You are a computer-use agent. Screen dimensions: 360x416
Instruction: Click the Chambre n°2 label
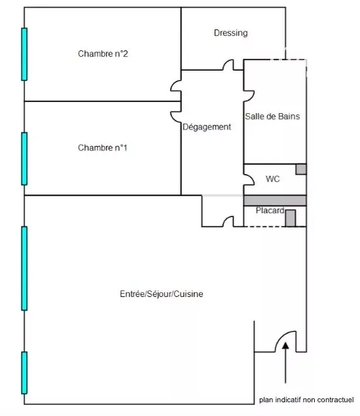(x=103, y=54)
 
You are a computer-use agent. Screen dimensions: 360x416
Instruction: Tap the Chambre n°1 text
(x=103, y=148)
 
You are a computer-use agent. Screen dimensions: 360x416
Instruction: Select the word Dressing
(x=230, y=33)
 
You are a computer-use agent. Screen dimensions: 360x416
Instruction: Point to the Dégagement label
(x=207, y=127)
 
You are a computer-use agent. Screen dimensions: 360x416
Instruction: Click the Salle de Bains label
(x=272, y=116)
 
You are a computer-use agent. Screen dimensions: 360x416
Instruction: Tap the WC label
(x=273, y=179)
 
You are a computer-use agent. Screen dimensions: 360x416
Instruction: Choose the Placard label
(x=270, y=211)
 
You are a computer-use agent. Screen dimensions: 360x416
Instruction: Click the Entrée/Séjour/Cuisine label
(x=162, y=294)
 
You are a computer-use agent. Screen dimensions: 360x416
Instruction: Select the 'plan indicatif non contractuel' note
(x=306, y=400)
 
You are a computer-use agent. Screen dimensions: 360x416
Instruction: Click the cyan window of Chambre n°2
(x=24, y=54)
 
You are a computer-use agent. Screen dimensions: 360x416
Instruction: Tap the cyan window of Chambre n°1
(x=24, y=159)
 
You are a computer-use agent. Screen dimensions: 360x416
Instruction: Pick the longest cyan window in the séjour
(x=24, y=268)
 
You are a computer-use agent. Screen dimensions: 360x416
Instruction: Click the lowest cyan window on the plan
(x=24, y=373)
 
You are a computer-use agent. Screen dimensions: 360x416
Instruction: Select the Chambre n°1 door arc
(x=172, y=117)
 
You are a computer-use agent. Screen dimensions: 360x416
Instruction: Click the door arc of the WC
(x=253, y=179)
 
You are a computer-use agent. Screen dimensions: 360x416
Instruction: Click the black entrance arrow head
(x=285, y=345)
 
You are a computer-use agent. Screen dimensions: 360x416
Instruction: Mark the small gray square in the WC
(x=301, y=169)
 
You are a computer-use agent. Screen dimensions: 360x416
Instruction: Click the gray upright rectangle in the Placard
(x=291, y=218)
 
